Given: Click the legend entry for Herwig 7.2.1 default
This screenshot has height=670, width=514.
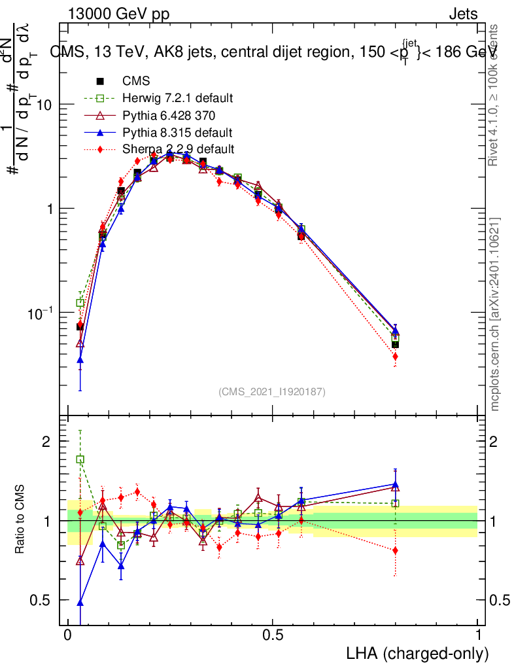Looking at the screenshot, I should point(177,98).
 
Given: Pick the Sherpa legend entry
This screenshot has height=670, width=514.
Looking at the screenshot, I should point(178,149).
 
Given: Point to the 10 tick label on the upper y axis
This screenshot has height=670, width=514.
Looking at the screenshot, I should point(44,105).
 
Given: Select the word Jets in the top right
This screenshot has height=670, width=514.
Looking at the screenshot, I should point(462,14).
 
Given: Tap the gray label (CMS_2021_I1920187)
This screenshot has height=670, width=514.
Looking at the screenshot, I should point(271,391).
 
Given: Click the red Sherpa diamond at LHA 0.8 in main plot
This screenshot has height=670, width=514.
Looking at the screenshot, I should point(395,357).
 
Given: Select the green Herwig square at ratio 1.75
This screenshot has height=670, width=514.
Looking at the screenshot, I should point(80,459).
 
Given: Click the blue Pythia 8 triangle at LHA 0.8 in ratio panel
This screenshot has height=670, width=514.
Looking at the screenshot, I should point(395,484).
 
